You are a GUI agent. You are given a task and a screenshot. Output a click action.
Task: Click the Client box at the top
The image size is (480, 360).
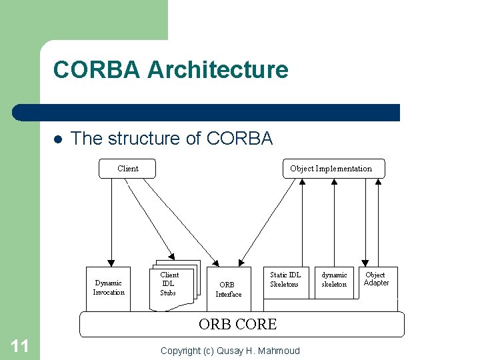click(127, 169)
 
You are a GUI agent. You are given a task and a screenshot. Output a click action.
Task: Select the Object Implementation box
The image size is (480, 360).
click(331, 169)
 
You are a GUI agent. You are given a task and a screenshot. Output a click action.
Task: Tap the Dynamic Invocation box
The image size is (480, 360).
click(109, 287)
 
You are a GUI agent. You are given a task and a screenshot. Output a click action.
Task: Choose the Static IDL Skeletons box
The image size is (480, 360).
click(285, 280)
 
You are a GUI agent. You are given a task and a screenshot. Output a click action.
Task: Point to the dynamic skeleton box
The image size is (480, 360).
click(334, 280)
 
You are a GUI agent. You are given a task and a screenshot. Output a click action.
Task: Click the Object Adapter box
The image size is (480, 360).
click(375, 279)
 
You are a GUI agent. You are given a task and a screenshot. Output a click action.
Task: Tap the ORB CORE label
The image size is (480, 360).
click(237, 325)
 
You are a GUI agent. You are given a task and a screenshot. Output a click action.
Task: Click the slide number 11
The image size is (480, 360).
click(20, 345)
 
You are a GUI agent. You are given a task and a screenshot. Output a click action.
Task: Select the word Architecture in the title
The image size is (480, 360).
click(218, 69)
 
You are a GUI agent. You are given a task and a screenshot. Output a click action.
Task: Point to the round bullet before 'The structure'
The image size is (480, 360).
click(57, 139)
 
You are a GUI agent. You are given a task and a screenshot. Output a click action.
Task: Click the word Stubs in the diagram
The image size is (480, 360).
click(168, 293)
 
